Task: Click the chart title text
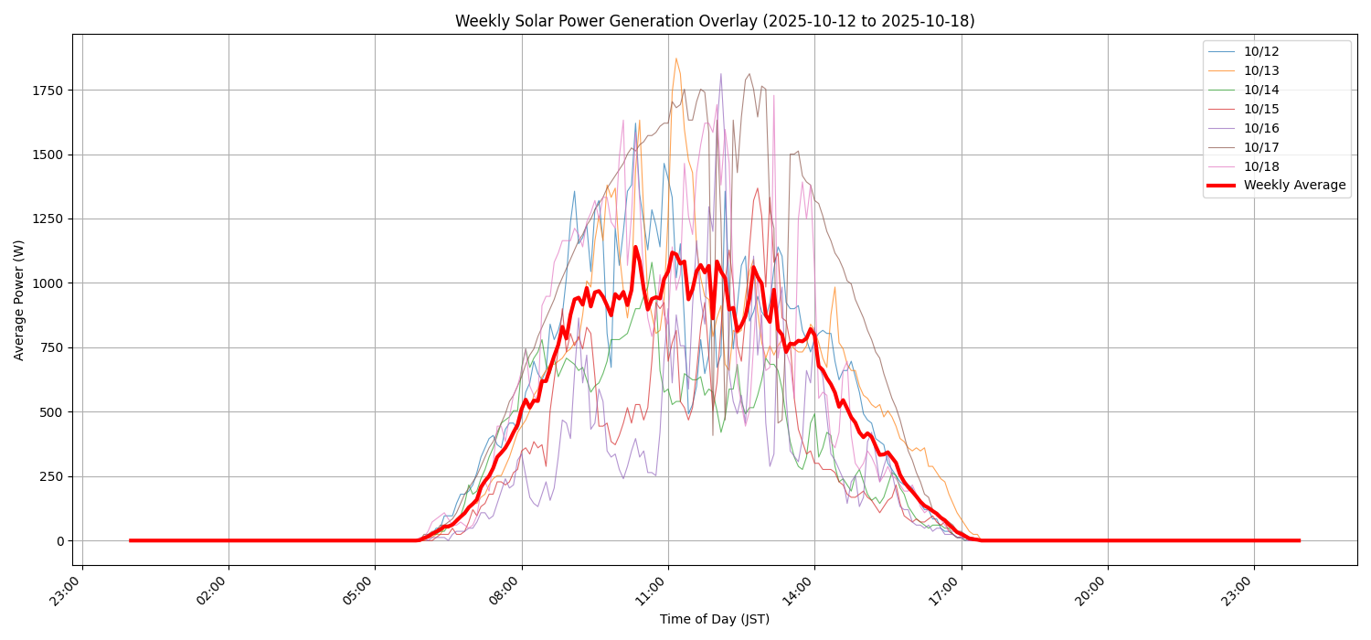click(715, 21)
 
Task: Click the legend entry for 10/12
click(1261, 51)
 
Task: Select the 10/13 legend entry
click(1261, 70)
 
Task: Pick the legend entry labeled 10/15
click(1261, 109)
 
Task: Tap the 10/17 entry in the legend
click(1261, 147)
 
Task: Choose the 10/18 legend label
click(1261, 166)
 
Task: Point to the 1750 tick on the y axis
click(48, 91)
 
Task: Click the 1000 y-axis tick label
click(48, 283)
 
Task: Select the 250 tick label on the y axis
click(52, 476)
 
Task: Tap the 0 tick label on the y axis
click(60, 541)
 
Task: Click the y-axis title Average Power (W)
click(19, 300)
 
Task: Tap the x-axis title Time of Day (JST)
click(715, 620)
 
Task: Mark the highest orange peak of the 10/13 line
click(676, 59)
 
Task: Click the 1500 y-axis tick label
click(48, 155)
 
